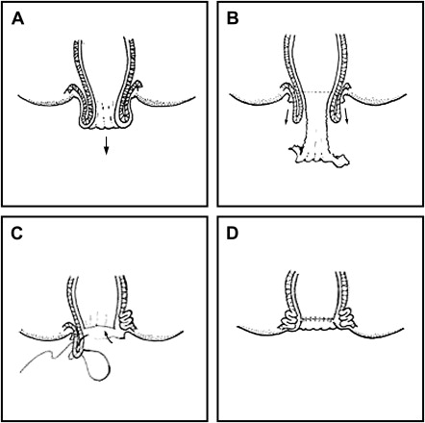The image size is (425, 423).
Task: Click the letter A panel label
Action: [17, 18]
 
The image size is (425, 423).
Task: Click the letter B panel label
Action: [233, 18]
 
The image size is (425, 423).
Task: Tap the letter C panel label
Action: [16, 234]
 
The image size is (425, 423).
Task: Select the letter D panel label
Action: [233, 234]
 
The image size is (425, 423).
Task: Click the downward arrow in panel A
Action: [107, 145]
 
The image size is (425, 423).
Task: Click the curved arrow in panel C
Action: [108, 337]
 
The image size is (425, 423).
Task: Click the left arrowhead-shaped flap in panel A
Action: [71, 89]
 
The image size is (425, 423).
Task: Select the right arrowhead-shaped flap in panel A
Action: [137, 86]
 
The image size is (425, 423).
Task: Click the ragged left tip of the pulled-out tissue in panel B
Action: [293, 149]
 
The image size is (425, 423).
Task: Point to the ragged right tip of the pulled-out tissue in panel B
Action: [343, 161]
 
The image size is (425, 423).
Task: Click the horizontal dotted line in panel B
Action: [320, 92]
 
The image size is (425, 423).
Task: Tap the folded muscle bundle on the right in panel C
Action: [126, 316]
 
